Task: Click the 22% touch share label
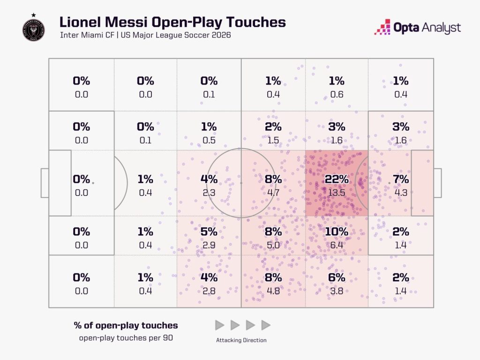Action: [337, 179]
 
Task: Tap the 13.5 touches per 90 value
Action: [337, 193]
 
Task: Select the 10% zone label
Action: [337, 232]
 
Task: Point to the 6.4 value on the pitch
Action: [337, 245]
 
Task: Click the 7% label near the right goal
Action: [401, 179]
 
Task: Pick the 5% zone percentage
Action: [209, 232]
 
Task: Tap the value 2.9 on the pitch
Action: [209, 245]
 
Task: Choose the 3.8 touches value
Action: [337, 291]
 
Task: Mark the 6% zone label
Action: [337, 277]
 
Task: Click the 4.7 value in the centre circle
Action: [273, 193]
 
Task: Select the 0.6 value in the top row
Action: [337, 94]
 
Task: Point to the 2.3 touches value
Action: [209, 193]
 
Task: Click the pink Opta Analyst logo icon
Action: [382, 27]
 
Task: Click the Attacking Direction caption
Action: [241, 340]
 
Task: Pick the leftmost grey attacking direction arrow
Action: [219, 325]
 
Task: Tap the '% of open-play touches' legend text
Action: [126, 325]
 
